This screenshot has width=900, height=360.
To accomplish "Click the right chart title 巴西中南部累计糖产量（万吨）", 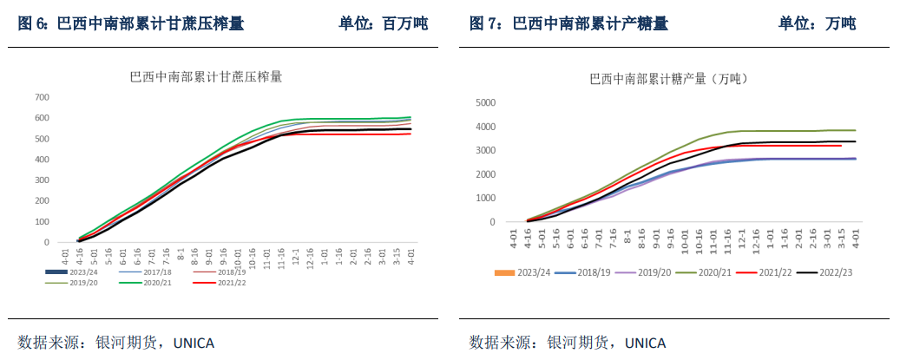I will click(668, 79).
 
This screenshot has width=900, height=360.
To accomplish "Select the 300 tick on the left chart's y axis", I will click(42, 180).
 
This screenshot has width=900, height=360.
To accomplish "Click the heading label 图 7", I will click(485, 23).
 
